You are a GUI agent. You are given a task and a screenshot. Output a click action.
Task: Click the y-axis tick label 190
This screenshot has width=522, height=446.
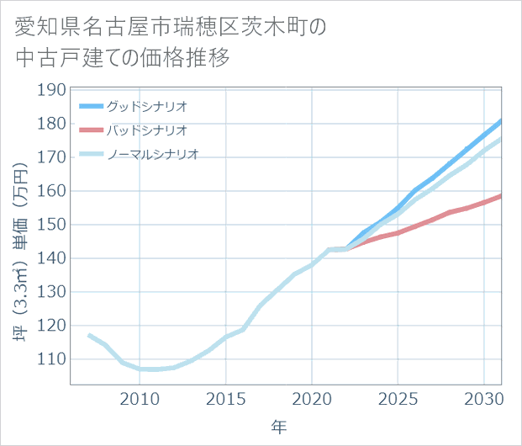tap(52, 90)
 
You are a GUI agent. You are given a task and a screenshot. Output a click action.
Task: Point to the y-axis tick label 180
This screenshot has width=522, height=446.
tap(52, 124)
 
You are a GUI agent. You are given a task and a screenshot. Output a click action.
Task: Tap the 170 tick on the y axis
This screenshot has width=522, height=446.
tap(52, 157)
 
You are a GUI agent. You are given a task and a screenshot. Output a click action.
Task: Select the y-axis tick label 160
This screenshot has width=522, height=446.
tap(52, 191)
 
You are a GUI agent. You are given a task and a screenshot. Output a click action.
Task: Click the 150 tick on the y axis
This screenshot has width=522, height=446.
tap(52, 225)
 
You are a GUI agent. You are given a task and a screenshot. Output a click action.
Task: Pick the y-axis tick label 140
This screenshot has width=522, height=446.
tap(52, 258)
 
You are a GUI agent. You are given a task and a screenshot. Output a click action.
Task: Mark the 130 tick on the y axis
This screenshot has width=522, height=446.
tap(52, 292)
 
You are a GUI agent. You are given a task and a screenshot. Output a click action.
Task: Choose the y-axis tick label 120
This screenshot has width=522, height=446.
tap(52, 326)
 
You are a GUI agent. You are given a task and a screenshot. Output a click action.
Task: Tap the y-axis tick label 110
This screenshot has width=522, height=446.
tap(52, 359)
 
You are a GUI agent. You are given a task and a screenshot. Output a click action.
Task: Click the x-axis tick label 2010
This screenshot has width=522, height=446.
tap(140, 398)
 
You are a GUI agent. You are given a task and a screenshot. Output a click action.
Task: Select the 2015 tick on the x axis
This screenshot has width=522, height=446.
tap(225, 398)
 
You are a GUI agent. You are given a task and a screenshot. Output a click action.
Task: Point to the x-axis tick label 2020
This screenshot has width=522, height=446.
tap(312, 398)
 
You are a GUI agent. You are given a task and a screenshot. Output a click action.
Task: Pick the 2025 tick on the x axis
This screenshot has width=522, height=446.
tap(398, 398)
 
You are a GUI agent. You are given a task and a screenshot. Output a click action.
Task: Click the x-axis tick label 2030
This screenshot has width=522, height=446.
tap(484, 398)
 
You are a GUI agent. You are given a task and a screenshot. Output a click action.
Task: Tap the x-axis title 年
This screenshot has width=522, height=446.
tap(278, 427)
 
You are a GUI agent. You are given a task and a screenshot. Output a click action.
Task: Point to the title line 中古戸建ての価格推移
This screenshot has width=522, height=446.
tap(123, 58)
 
